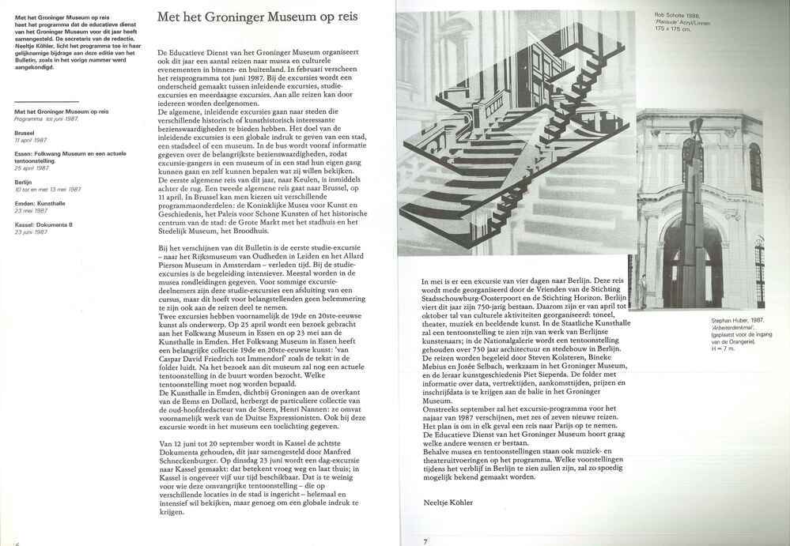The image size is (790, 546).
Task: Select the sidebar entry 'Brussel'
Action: click(x=25, y=133)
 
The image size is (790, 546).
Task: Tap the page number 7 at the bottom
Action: click(x=425, y=540)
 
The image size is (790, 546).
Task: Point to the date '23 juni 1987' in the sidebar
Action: click(x=31, y=231)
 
